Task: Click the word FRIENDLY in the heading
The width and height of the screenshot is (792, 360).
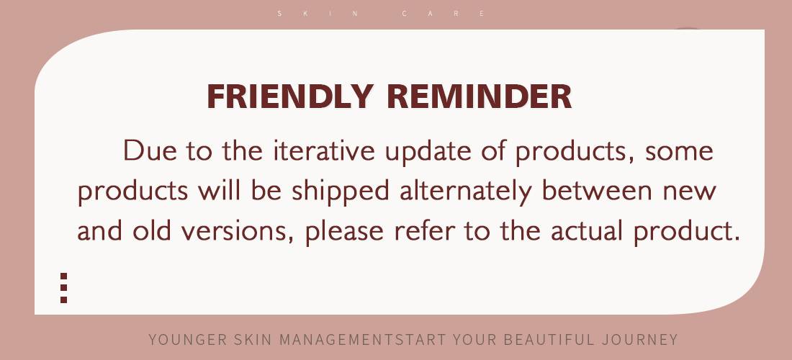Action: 290,96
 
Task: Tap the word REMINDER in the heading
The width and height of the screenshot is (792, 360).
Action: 480,96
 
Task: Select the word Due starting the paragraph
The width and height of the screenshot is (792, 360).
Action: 150,150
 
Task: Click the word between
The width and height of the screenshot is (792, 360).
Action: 597,190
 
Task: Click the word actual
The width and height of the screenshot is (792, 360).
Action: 586,230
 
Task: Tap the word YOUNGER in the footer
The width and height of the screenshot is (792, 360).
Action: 187,339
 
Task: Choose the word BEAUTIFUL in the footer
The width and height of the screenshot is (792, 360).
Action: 549,339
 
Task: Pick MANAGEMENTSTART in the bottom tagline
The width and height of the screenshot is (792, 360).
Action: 363,339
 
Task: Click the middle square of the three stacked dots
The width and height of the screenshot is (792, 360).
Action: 63,288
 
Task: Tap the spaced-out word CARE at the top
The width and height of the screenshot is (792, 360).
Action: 444,14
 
